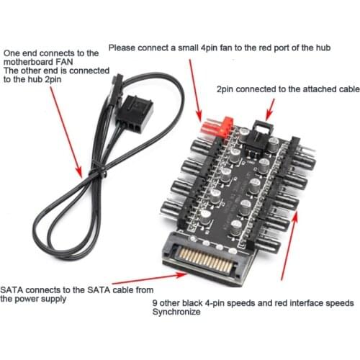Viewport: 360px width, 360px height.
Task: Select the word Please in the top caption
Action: pyautogui.click(x=124, y=48)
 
